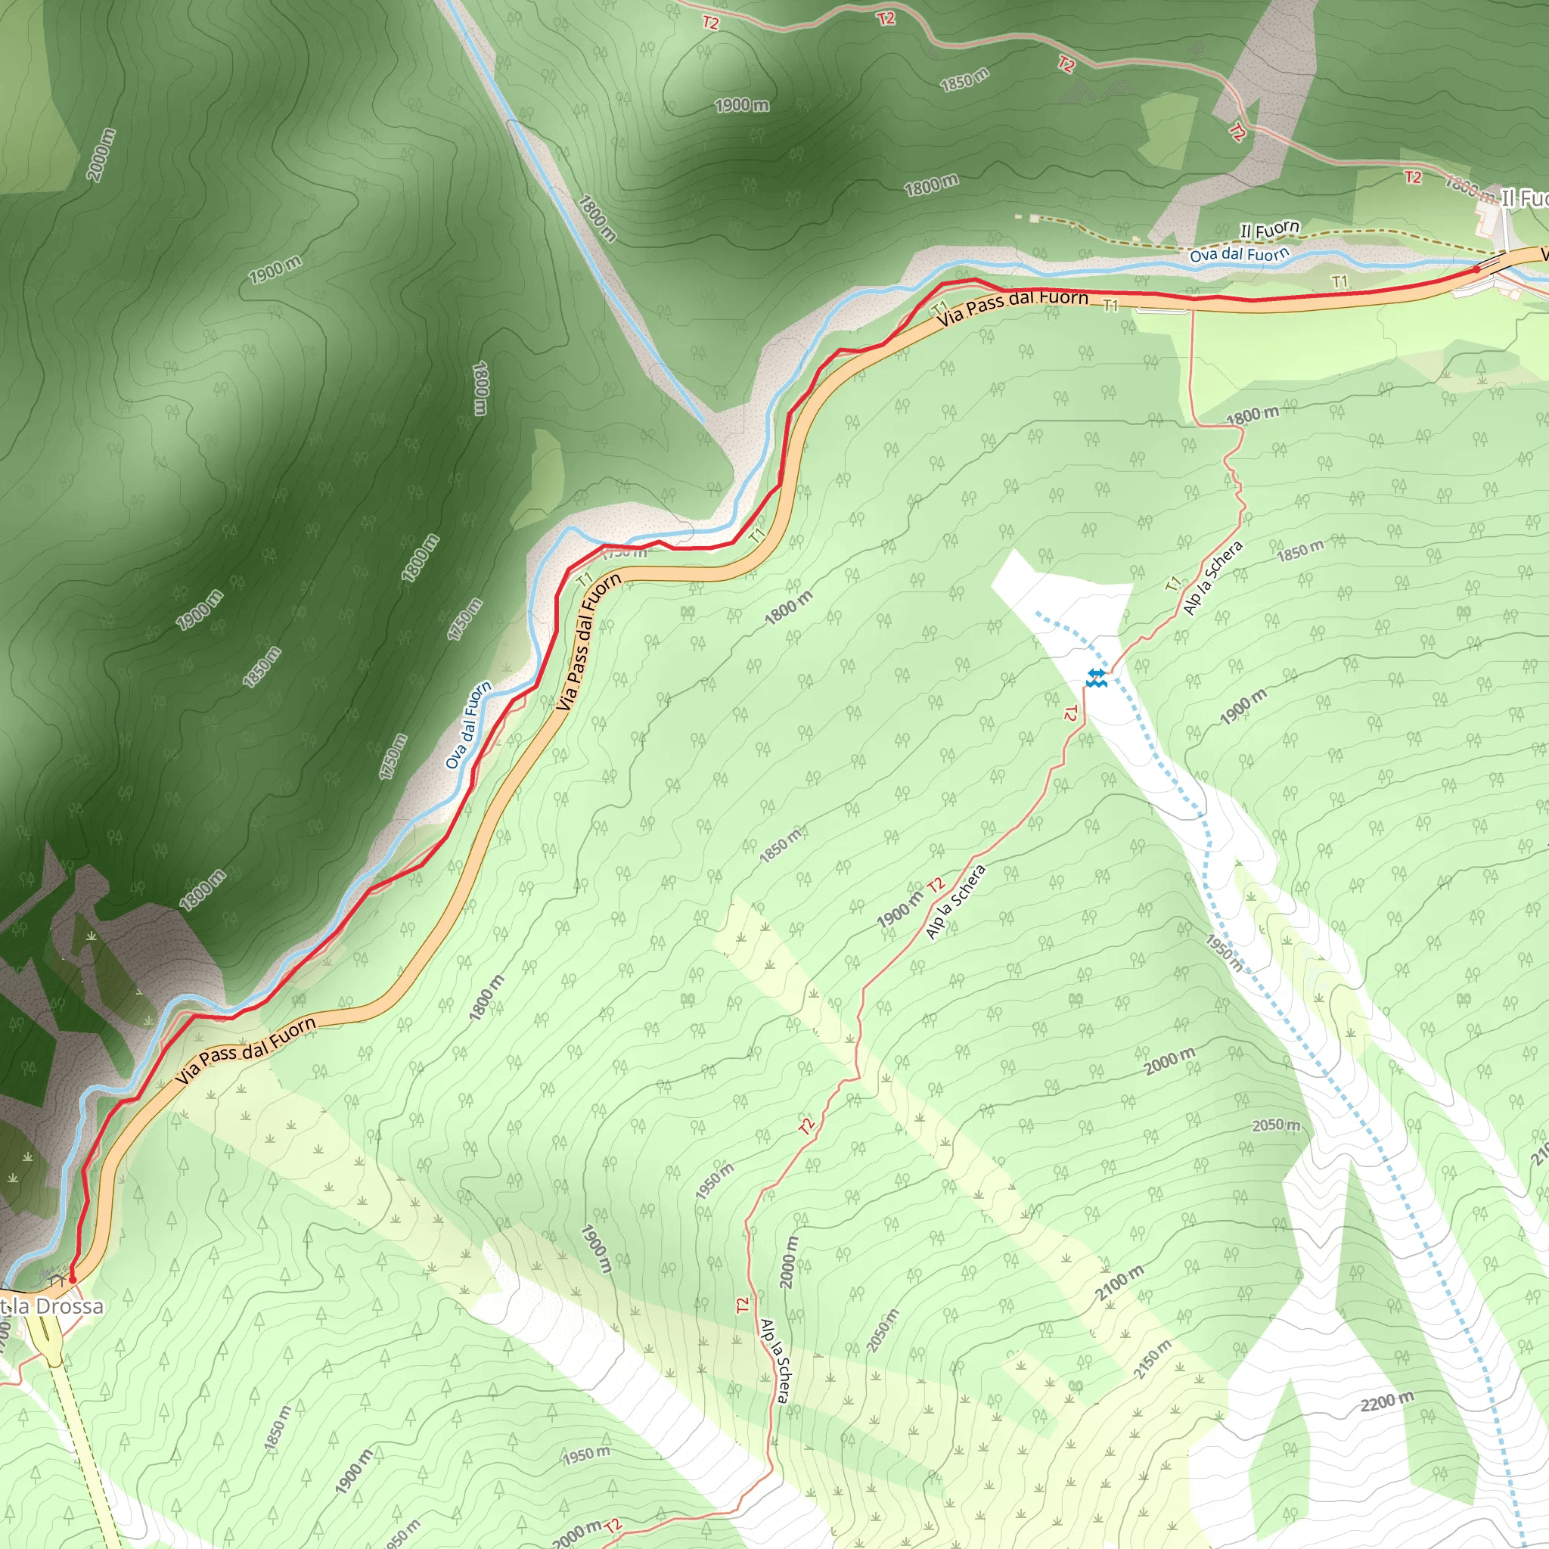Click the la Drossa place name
click(56, 1307)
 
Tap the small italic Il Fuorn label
click(1269, 230)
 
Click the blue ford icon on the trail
click(1096, 678)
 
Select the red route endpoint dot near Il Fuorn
click(1477, 269)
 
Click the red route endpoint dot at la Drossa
click(72, 1280)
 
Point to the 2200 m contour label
click(1387, 1402)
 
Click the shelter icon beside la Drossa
click(57, 1282)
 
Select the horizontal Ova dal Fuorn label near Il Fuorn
click(1239, 255)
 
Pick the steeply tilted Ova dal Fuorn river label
click(468, 725)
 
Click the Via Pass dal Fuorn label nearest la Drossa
click(245, 1052)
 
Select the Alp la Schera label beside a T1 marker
click(1213, 578)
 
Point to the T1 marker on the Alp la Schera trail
click(1174, 585)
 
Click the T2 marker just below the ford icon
click(1071, 712)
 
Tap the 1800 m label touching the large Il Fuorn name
click(1470, 189)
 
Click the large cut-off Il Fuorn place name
click(1523, 199)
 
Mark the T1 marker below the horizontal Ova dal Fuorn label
click(1339, 281)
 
